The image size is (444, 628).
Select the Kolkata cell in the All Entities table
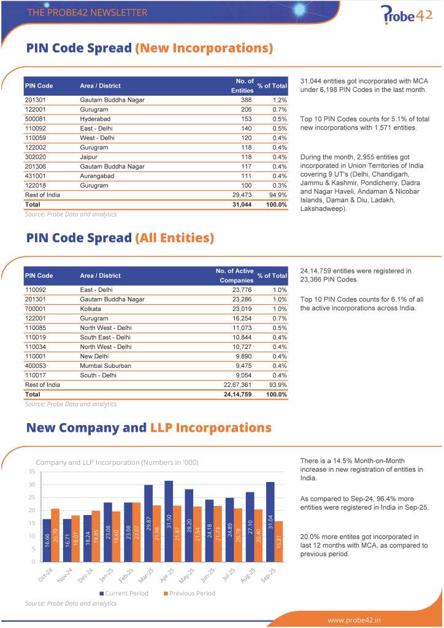click(91, 308)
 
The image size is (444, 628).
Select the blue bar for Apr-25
click(169, 521)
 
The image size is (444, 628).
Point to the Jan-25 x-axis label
click(106, 577)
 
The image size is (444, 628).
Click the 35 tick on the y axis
click(31, 472)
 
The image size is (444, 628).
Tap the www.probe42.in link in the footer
click(354, 619)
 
